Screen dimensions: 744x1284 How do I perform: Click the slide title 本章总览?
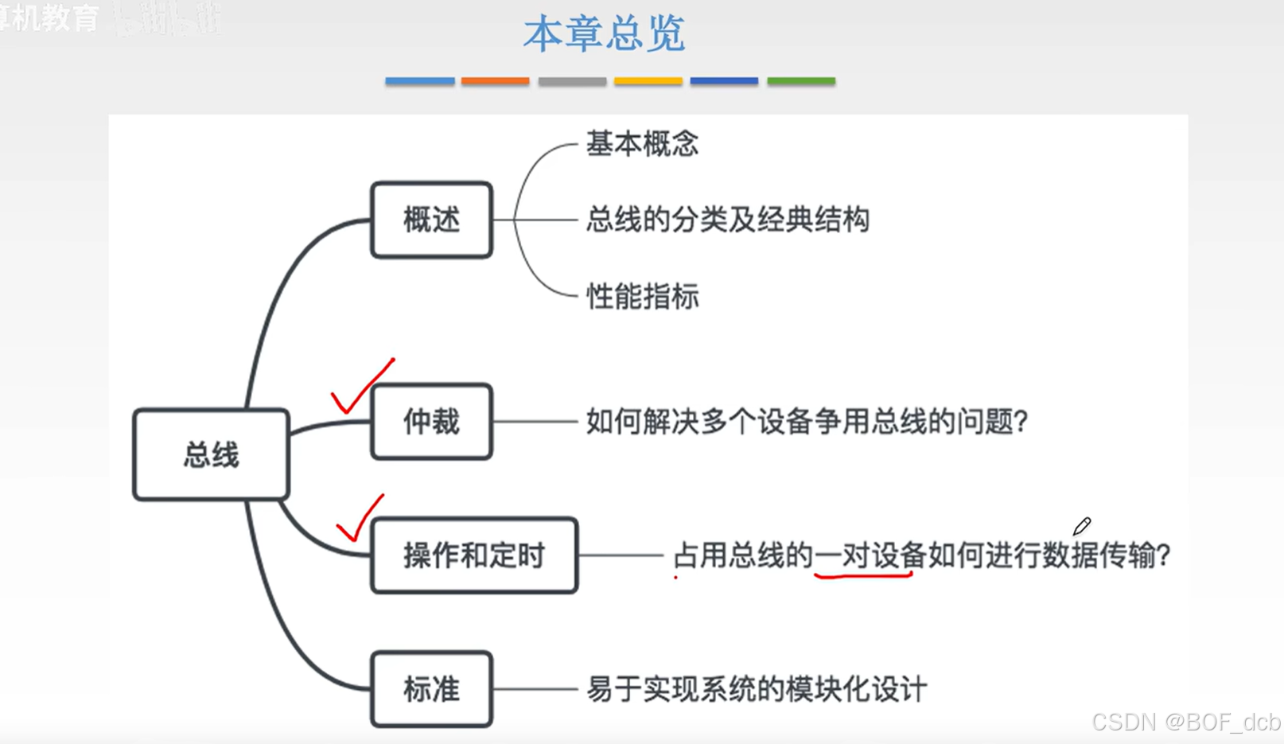click(604, 34)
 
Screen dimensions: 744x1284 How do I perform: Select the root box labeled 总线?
click(211, 455)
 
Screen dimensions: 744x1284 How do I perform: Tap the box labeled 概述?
click(431, 220)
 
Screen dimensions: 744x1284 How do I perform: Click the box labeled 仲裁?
click(431, 422)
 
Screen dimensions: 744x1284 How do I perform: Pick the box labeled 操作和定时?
click(474, 555)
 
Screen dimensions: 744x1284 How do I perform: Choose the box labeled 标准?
click(431, 689)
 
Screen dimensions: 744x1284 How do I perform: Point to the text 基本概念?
click(642, 144)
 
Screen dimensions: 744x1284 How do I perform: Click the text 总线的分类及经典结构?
click(727, 220)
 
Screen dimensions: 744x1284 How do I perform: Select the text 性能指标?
click(642, 297)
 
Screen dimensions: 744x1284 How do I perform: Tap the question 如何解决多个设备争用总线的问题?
click(807, 422)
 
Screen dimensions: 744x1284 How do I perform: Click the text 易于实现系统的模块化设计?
click(756, 689)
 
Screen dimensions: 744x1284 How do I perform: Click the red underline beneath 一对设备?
click(863, 574)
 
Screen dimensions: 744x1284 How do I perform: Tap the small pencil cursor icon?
click(1082, 526)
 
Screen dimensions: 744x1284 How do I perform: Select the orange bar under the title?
click(495, 81)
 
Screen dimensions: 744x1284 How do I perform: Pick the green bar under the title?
click(800, 81)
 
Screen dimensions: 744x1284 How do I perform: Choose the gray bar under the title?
click(572, 81)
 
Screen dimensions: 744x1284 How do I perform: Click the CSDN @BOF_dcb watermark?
click(1185, 722)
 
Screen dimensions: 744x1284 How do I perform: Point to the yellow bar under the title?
click(648, 81)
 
